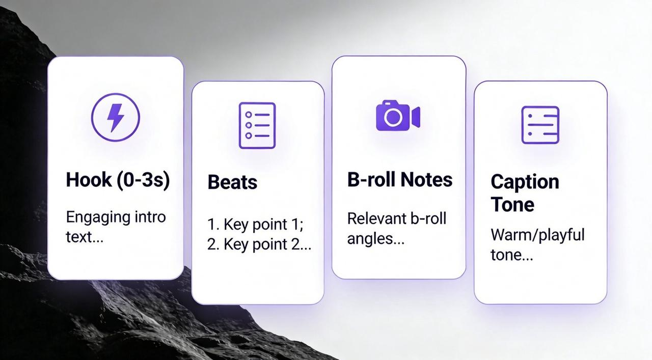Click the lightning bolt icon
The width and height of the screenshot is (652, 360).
point(115,118)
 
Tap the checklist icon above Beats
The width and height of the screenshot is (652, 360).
point(257,126)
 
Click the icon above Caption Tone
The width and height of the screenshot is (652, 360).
point(540,125)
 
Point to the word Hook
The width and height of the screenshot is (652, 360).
point(89,180)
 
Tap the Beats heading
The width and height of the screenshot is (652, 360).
point(232,182)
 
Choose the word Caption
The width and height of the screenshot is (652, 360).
point(525,182)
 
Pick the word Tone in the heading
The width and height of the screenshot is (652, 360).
point(512,205)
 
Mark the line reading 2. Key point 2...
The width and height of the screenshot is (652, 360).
point(259,244)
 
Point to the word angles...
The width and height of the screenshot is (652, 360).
point(375,238)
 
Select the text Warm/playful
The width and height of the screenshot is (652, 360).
point(537,235)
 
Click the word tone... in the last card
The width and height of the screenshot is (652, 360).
point(511,255)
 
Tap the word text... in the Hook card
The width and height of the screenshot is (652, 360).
point(85,237)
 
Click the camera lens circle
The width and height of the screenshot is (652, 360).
point(393,118)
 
